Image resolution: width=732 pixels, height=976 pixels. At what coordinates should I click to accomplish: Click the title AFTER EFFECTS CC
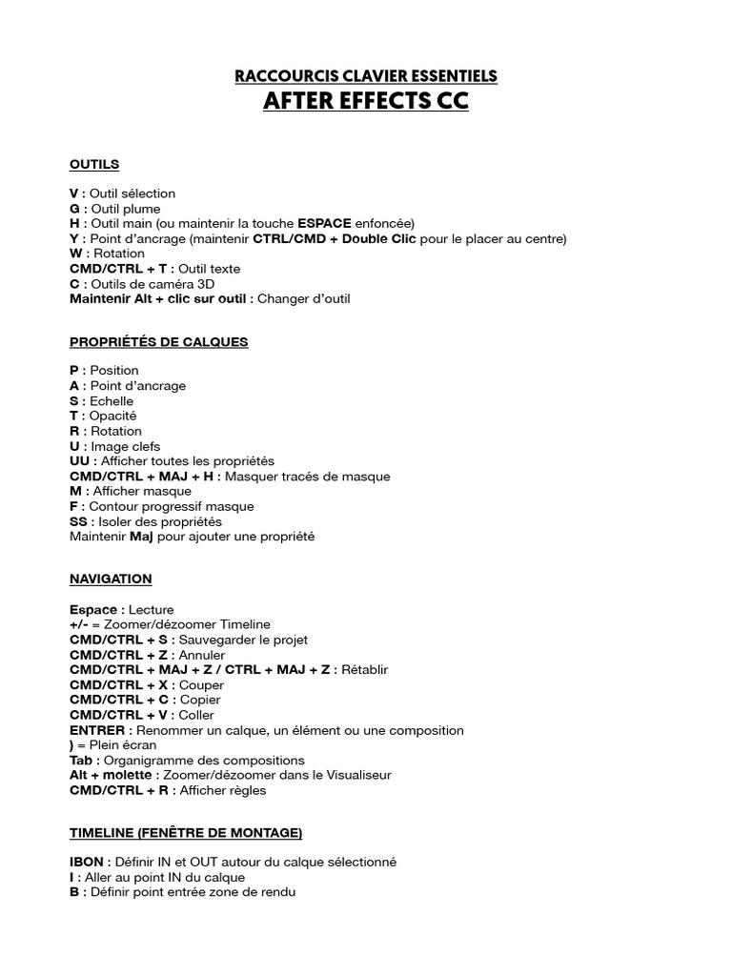(366, 101)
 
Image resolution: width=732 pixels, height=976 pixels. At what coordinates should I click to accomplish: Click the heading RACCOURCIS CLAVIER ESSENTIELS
(366, 75)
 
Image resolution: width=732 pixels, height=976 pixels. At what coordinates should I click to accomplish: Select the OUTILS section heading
(94, 164)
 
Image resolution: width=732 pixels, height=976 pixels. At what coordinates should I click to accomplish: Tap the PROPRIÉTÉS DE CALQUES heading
(158, 341)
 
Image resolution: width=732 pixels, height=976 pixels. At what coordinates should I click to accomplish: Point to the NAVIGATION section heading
(111, 579)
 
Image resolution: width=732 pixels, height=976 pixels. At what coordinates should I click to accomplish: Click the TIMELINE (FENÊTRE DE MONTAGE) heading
(186, 833)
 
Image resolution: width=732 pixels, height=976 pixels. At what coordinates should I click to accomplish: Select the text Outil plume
(125, 209)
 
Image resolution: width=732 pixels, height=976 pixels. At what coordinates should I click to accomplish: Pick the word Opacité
(112, 416)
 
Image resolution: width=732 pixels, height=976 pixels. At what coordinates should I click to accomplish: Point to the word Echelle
(112, 400)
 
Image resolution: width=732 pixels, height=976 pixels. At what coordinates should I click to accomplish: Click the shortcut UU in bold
(79, 460)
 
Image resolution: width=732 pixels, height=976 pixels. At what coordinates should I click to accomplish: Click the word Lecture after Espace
(151, 609)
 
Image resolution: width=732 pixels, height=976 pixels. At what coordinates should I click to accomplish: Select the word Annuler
(202, 655)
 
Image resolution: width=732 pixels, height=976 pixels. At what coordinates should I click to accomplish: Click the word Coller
(197, 715)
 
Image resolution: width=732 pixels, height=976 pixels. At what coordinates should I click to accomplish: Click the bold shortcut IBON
(87, 862)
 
